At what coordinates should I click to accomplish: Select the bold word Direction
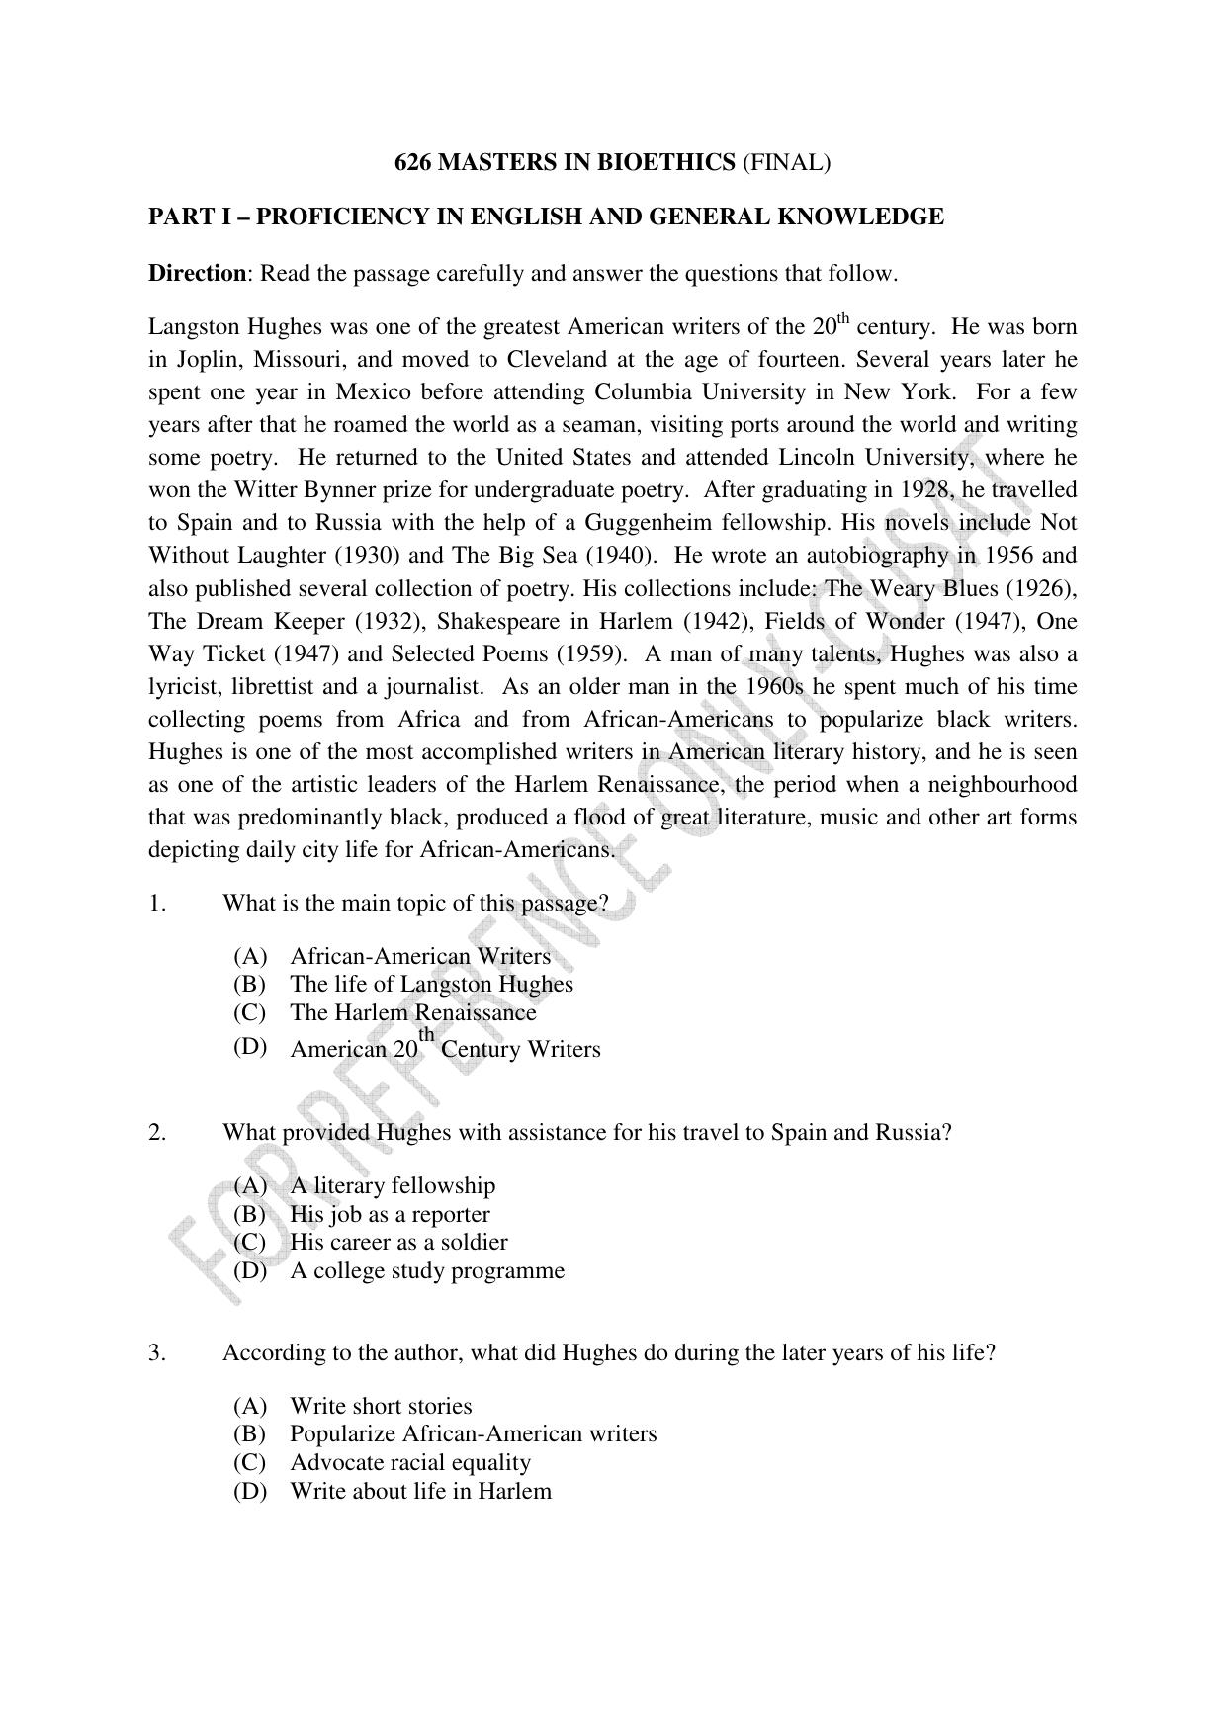click(x=197, y=273)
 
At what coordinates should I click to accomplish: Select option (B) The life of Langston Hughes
click(x=431, y=984)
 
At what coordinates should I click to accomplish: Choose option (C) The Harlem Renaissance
click(x=412, y=1012)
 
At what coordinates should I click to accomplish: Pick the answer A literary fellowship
click(x=393, y=1185)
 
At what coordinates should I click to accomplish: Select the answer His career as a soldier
click(x=398, y=1242)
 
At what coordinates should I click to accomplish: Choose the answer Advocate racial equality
click(x=409, y=1462)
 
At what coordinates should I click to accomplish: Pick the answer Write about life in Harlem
click(x=420, y=1491)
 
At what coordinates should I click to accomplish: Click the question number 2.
click(x=157, y=1132)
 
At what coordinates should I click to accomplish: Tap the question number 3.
click(x=157, y=1352)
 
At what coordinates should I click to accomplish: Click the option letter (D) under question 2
click(x=250, y=1270)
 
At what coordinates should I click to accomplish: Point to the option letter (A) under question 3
click(x=250, y=1406)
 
